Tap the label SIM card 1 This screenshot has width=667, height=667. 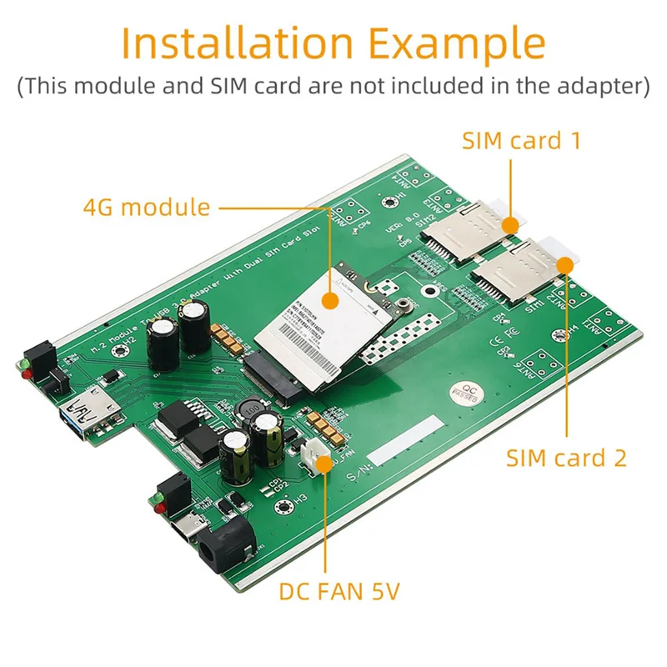pyautogui.click(x=521, y=140)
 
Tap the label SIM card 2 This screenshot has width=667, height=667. pyautogui.click(x=566, y=457)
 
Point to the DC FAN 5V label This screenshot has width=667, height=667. pyautogui.click(x=339, y=593)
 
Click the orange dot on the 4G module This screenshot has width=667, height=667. pyautogui.click(x=330, y=298)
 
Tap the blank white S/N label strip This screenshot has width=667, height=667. pyautogui.click(x=404, y=443)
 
